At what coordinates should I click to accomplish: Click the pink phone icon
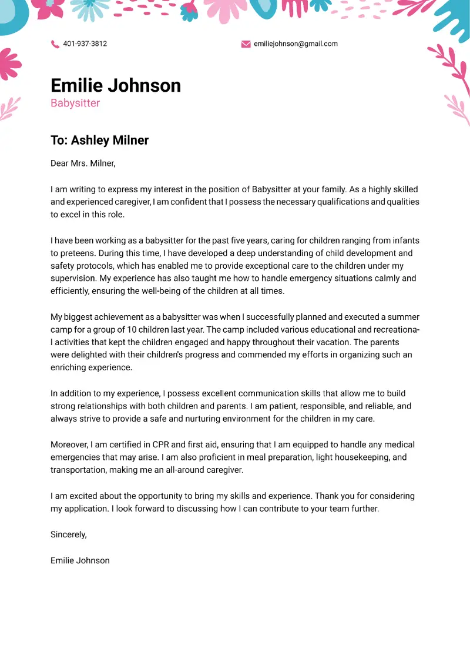[55, 44]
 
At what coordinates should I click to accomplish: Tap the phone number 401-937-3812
[85, 44]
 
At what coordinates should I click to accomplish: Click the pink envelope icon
[246, 44]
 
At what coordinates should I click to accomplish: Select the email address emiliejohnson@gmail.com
[296, 44]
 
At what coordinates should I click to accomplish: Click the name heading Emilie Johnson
[116, 86]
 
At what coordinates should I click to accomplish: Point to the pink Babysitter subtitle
[75, 103]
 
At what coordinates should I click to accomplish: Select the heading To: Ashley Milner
[99, 141]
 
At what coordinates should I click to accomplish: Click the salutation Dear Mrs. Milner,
[83, 163]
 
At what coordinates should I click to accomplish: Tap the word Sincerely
[68, 534]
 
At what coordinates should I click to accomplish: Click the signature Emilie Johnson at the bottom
[80, 560]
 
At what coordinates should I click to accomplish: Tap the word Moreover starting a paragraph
[69, 445]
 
